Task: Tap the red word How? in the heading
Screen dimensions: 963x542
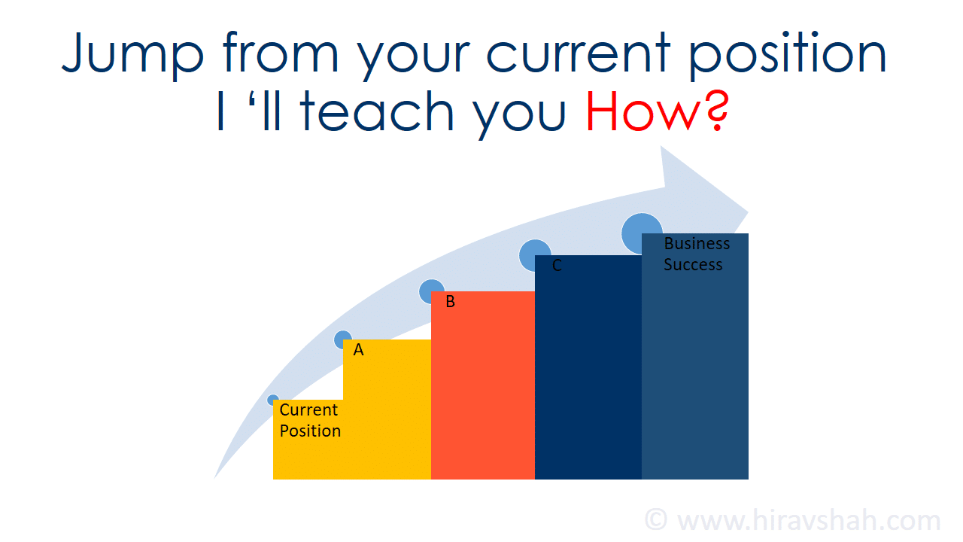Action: (658, 111)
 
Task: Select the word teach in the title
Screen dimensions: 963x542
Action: (377, 111)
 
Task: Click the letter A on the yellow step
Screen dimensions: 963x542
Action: (359, 350)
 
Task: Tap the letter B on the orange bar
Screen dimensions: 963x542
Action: (450, 302)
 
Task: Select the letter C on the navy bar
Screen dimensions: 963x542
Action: (557, 266)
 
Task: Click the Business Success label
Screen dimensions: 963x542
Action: (697, 254)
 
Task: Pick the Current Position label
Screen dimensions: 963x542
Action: (309, 420)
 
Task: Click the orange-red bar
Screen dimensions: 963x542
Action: (483, 385)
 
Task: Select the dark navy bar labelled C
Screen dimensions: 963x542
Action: (588, 367)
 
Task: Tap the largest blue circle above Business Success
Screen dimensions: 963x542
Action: (642, 233)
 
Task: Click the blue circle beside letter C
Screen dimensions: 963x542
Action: (535, 254)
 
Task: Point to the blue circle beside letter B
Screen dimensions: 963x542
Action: (431, 291)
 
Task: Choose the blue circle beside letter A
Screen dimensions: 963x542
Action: (342, 340)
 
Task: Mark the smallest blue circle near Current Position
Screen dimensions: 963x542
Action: (272, 400)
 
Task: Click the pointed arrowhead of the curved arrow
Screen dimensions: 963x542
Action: (748, 212)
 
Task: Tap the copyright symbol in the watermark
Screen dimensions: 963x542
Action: (656, 519)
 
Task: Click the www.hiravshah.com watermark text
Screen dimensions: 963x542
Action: (809, 519)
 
